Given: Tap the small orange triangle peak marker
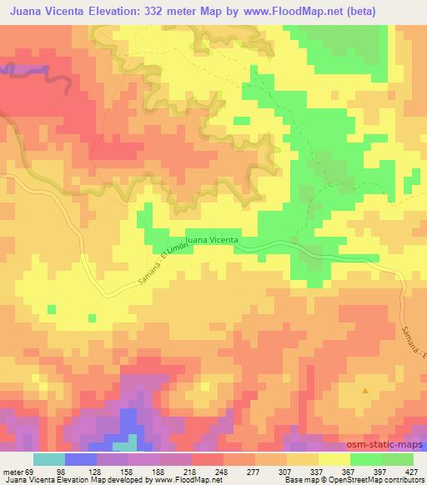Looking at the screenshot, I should coord(364,390).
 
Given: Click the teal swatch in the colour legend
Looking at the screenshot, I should coord(49,458).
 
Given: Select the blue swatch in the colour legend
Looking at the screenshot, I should coord(80,458).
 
